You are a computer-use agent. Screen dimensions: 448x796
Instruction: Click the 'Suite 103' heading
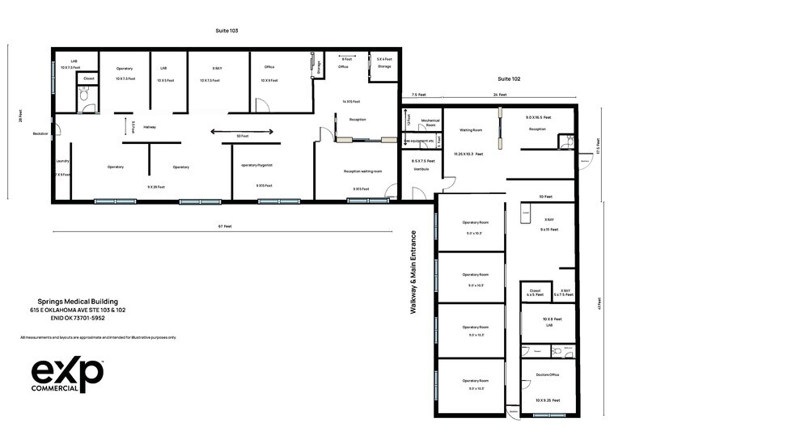[227, 31]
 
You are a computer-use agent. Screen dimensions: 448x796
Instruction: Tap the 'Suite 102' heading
[509, 79]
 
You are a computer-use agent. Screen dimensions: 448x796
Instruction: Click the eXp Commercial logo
[67, 374]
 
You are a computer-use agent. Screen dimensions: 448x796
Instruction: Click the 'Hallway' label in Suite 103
[150, 127]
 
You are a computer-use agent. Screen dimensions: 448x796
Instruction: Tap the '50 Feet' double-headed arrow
[241, 131]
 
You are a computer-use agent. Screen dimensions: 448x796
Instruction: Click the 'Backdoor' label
[40, 133]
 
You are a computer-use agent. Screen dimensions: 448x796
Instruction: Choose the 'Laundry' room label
[62, 161]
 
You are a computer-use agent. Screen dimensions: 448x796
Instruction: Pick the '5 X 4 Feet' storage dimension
[384, 59]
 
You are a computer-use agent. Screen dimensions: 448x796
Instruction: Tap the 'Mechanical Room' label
[430, 124]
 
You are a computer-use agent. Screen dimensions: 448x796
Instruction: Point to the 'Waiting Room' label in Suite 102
[471, 129]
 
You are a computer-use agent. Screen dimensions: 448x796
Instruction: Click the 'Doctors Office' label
[548, 375]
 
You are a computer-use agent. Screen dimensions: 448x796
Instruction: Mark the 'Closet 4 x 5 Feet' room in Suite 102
[535, 292]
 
